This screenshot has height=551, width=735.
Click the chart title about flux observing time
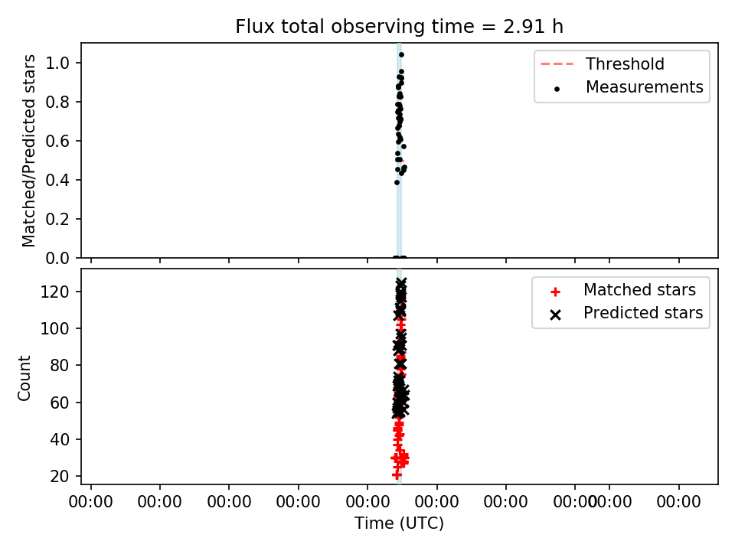tap(399, 27)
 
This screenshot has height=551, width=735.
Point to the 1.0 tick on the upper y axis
tap(57, 63)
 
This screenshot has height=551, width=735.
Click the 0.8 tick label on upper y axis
tap(57, 102)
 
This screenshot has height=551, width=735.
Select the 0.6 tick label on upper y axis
tap(57, 141)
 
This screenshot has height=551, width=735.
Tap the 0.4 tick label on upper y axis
tap(57, 180)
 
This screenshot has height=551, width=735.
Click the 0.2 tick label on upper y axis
tap(57, 220)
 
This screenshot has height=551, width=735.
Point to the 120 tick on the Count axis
tap(54, 292)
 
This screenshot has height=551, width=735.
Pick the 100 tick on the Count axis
tap(54, 329)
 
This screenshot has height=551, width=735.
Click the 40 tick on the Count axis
tap(60, 439)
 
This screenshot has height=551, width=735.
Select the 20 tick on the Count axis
tap(60, 477)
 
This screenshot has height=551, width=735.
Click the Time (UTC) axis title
tap(399, 523)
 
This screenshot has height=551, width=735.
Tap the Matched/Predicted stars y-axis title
tap(29, 151)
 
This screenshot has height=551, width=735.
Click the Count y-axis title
tap(24, 378)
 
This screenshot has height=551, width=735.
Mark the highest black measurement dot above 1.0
tap(401, 55)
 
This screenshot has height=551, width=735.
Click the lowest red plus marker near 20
tap(397, 475)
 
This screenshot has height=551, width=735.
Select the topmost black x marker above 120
tap(401, 282)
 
